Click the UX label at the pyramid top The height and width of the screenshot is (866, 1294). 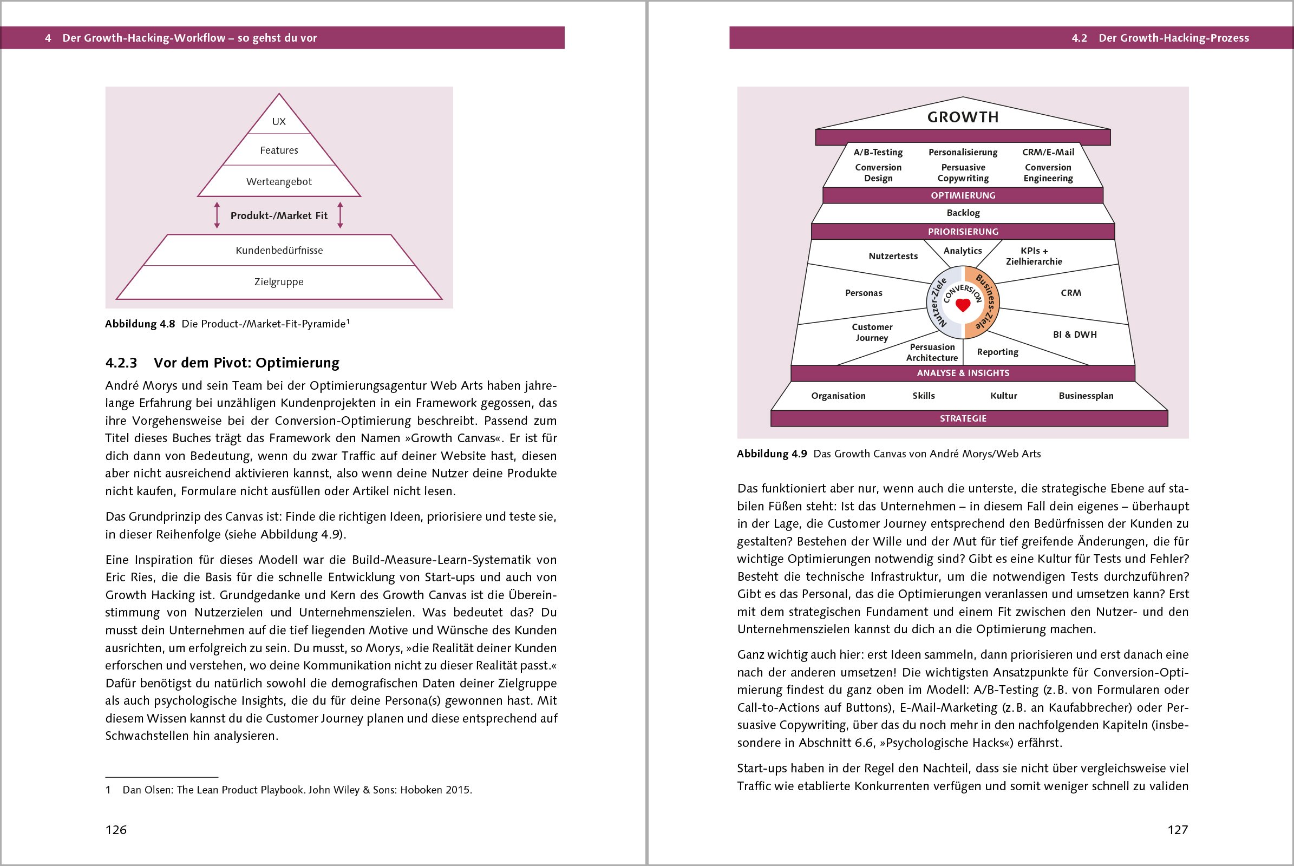(279, 121)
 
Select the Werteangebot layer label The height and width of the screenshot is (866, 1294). (279, 182)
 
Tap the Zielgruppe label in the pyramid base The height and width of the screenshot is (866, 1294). (279, 281)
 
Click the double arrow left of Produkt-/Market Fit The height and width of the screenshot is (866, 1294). (217, 215)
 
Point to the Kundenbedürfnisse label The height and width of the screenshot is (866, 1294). (279, 250)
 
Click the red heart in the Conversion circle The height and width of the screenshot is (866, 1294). (963, 305)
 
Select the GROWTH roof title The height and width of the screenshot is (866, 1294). (963, 117)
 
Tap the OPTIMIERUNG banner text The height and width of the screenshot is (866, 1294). (963, 195)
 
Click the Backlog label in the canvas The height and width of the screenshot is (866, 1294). (963, 213)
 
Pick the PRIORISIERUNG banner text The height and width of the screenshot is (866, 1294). (963, 232)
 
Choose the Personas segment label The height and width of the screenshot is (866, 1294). (864, 293)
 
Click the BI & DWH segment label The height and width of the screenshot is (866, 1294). (1075, 334)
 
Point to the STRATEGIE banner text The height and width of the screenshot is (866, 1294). (963, 418)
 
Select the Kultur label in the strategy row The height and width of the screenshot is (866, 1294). (1003, 396)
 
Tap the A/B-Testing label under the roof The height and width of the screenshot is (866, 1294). (878, 152)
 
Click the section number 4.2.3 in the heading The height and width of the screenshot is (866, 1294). (121, 363)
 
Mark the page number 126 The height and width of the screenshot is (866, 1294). (116, 830)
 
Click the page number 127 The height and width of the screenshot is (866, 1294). (1178, 830)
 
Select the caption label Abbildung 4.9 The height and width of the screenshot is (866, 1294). (772, 454)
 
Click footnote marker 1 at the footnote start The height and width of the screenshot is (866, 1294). (108, 790)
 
